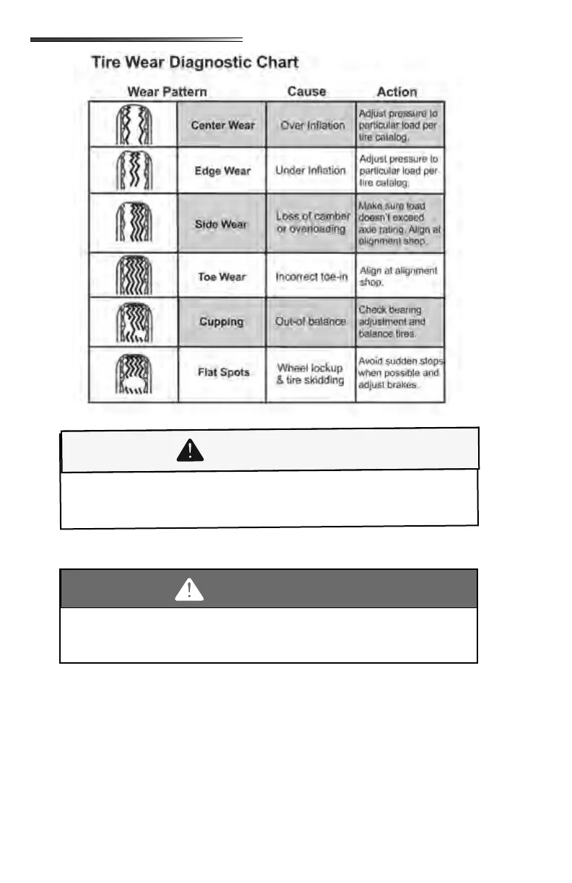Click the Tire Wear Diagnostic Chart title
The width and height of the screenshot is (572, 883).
194,62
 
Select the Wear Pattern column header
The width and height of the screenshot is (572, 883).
167,92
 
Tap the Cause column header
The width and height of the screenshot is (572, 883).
306,92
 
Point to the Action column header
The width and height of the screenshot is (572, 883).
396,92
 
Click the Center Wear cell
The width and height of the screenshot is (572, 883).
222,126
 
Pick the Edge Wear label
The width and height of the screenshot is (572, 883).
222,171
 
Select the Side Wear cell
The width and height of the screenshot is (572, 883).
221,224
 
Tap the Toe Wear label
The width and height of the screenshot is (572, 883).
222,277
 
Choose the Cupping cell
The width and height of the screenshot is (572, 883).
221,322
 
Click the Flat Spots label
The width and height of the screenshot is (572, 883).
223,372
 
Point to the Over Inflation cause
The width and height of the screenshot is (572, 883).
312,126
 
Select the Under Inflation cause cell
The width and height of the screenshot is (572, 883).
311,171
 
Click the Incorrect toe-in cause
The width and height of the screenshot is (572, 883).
311,277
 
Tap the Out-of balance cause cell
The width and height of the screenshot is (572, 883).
311,322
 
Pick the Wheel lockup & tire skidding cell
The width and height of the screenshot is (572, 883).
310,374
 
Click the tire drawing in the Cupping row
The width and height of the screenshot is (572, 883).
134,322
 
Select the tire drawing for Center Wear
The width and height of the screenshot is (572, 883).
134,125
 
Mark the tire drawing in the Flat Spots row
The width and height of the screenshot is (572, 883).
134,373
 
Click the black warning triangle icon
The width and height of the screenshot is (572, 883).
189,451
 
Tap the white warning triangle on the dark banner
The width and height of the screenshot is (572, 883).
189,591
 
